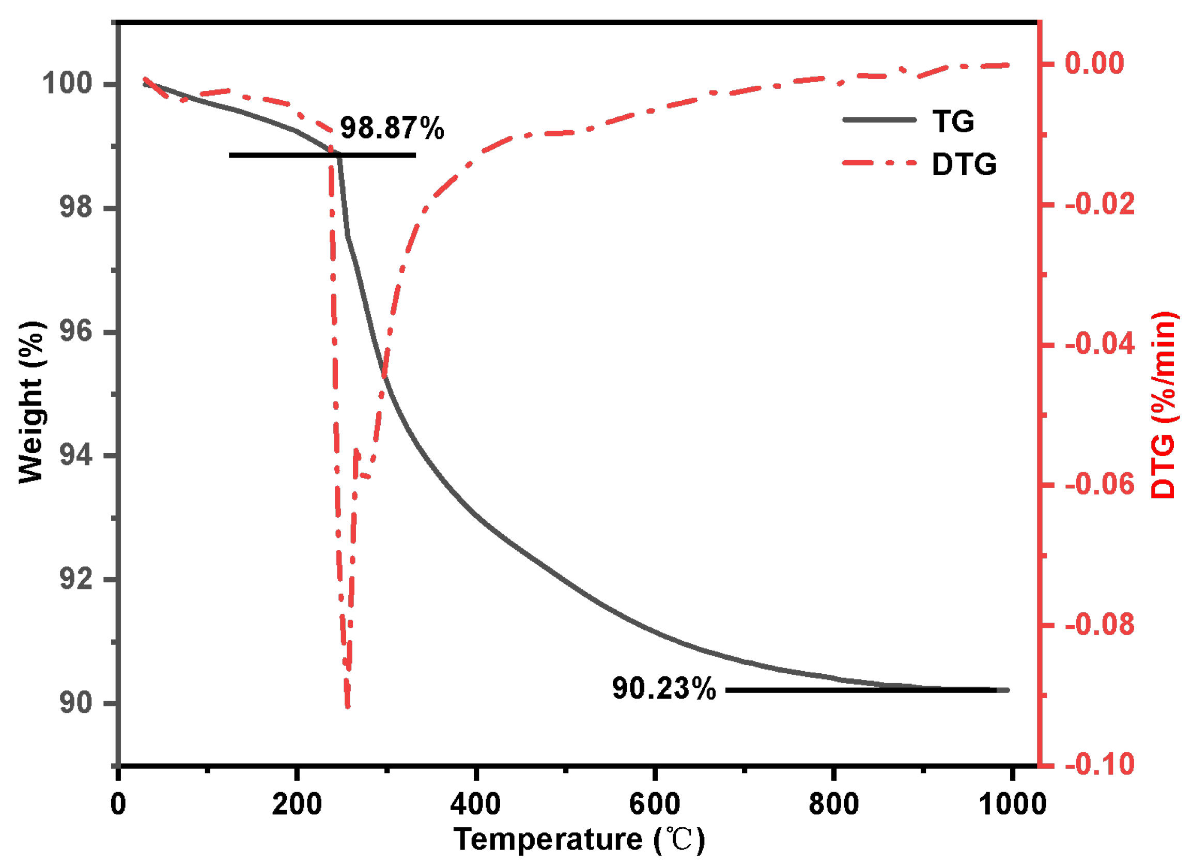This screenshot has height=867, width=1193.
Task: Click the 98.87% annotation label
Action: (x=392, y=128)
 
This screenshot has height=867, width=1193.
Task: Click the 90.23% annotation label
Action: (x=663, y=688)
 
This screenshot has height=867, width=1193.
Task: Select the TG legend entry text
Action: (x=953, y=121)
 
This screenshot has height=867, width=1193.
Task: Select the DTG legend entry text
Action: (x=964, y=164)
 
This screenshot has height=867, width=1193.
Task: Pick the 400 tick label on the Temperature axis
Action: (x=475, y=804)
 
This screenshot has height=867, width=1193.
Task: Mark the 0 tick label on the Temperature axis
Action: (x=118, y=804)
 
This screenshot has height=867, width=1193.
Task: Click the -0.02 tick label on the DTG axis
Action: (x=1099, y=204)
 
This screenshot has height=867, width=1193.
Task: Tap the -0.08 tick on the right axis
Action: (x=1099, y=625)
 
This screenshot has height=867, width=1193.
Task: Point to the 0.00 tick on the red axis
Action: (x=1094, y=63)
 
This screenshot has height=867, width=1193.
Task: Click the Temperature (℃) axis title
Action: (x=579, y=839)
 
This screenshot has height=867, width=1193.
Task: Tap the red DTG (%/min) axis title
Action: (x=1164, y=405)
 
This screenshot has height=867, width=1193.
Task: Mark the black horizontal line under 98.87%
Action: (x=322, y=155)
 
